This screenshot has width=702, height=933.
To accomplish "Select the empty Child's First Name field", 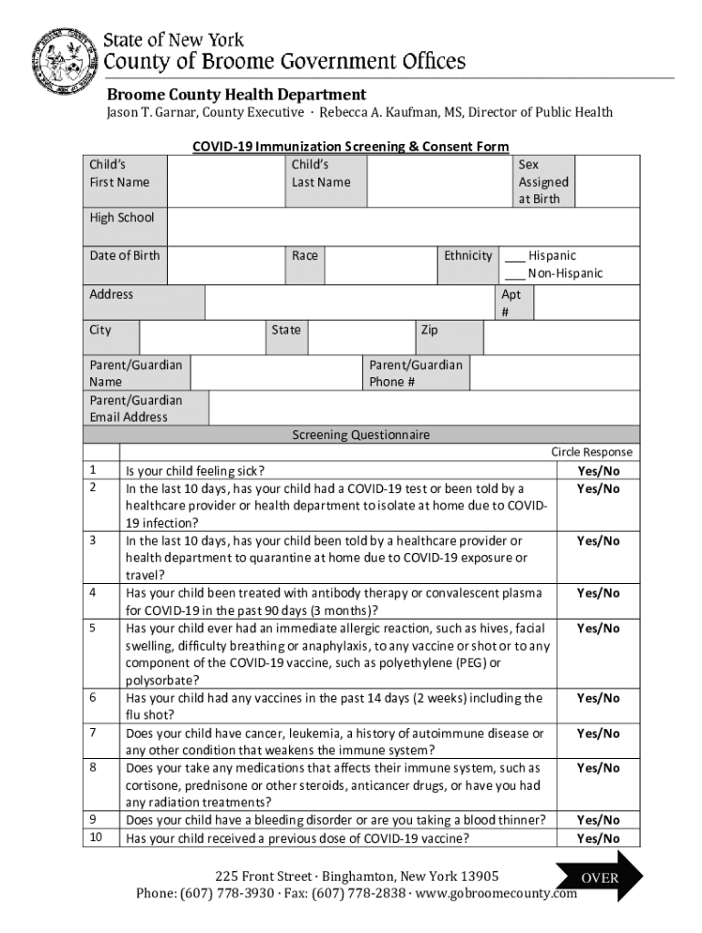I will [x=225, y=180].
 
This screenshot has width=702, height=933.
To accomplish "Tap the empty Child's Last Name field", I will [x=439, y=180].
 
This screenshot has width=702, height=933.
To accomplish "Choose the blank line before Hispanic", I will [x=515, y=257].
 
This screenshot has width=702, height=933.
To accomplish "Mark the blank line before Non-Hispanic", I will [x=515, y=274].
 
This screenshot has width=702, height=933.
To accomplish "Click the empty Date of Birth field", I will [x=225, y=265].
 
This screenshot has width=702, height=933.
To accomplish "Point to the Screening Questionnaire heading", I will [x=360, y=436].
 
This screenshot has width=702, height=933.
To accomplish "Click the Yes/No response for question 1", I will [x=598, y=471].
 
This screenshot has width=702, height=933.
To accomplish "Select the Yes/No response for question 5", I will [x=598, y=629].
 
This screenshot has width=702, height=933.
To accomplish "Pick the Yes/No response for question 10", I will [x=598, y=838].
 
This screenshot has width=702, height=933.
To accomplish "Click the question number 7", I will [x=93, y=733].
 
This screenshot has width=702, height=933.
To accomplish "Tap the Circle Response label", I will [x=591, y=453].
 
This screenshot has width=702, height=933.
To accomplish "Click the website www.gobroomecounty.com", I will [x=497, y=893].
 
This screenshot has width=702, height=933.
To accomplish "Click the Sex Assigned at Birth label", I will [x=542, y=181].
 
